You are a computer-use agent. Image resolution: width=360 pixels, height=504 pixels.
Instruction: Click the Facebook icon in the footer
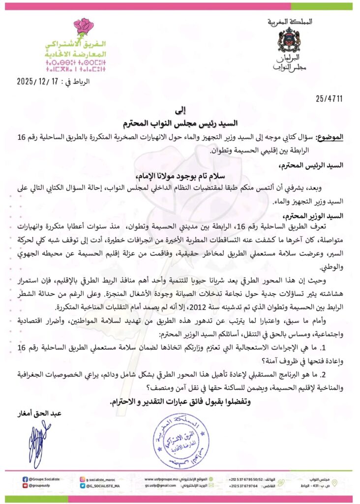[25, 478]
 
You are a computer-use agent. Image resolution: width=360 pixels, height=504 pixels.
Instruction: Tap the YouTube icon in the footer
[25, 485]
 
